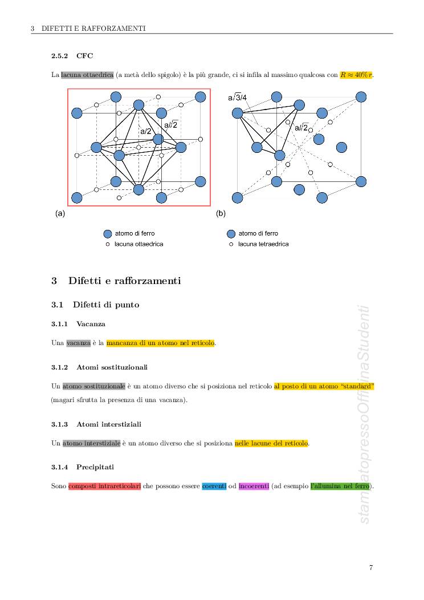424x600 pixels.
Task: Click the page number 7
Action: coord(371,567)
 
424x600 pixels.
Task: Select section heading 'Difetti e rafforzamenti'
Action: coord(124,281)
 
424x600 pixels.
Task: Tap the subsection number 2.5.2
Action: coord(59,56)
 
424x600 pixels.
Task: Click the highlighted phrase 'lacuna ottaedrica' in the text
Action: coord(87,75)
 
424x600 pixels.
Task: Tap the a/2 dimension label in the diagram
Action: coord(146,132)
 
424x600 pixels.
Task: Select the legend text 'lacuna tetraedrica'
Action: coord(263,244)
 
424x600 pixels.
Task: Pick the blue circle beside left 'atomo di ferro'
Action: coord(107,234)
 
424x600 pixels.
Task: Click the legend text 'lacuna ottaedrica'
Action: coord(139,244)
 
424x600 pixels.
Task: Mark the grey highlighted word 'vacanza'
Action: coord(78,343)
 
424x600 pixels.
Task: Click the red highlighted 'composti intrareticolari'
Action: coord(104,487)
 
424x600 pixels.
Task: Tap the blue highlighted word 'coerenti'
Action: coord(214,487)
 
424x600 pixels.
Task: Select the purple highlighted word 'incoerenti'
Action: coord(254,487)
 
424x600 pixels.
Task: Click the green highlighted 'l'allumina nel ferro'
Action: coord(340,487)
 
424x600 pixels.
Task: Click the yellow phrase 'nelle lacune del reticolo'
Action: coord(271,443)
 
